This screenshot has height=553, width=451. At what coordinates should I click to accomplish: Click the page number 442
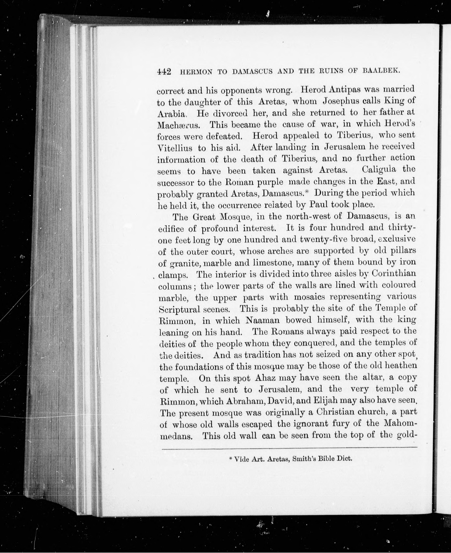pos(164,72)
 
